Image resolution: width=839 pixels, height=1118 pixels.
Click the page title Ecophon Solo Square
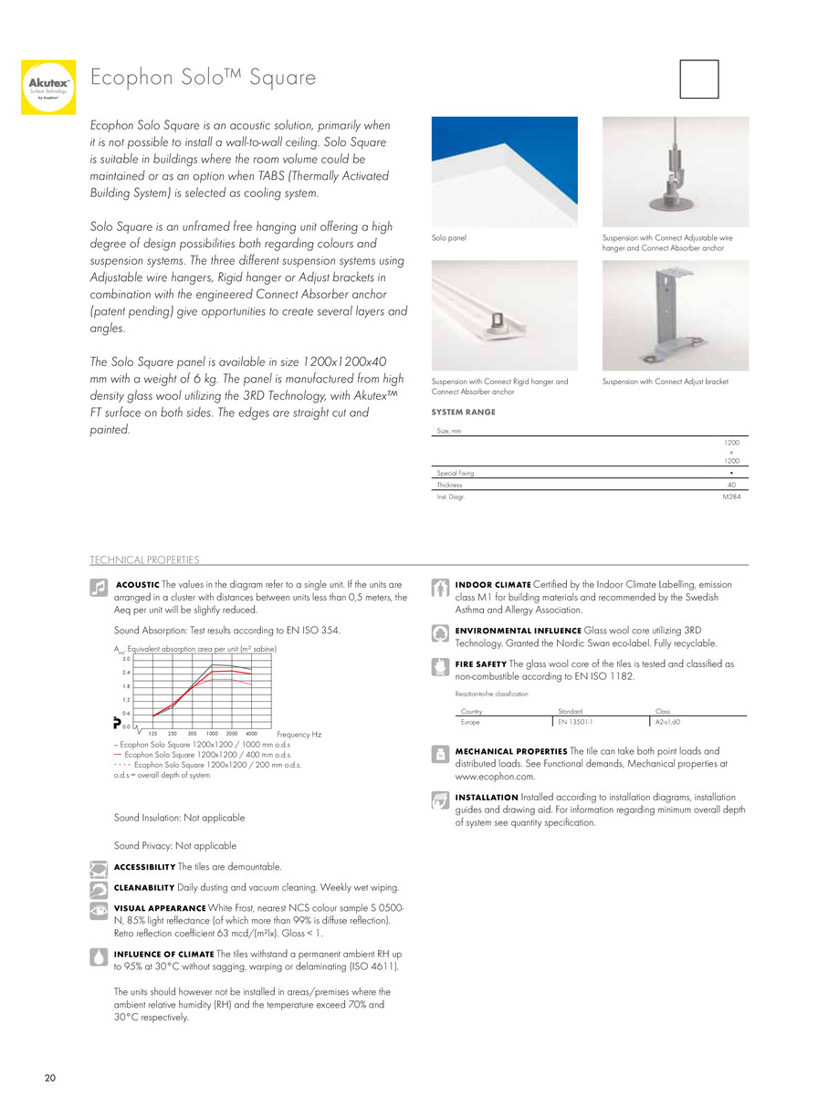[203, 78]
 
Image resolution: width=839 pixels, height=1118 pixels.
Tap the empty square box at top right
[699, 78]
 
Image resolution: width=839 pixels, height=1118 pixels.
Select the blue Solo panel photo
[504, 171]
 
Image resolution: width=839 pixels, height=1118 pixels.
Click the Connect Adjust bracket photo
[675, 316]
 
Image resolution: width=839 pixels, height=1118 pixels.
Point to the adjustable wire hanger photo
[675, 171]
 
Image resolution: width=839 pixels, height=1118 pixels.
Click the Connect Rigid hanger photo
[504, 316]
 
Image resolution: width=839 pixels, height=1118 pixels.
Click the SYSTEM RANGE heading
[463, 413]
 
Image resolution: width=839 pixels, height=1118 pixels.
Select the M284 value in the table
[730, 497]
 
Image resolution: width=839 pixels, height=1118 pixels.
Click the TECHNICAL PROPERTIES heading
[144, 559]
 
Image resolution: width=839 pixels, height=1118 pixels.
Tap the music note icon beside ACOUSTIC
[100, 589]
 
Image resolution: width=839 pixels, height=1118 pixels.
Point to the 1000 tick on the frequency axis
[212, 734]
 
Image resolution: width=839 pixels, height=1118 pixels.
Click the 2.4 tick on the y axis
[126, 673]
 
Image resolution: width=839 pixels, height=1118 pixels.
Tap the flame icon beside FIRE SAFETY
[439, 666]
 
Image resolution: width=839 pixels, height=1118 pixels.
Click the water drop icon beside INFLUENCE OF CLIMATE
[99, 956]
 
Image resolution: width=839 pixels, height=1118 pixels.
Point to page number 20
[50, 1079]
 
